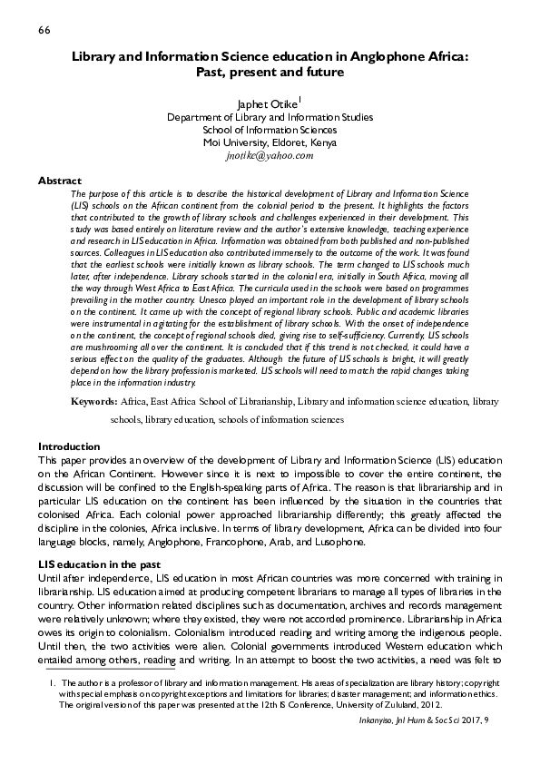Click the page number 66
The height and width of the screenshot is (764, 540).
44,32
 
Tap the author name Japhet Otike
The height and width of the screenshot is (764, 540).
266,103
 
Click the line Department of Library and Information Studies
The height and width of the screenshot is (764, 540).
270,117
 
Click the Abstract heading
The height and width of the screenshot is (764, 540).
60,181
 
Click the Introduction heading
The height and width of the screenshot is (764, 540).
69,446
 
